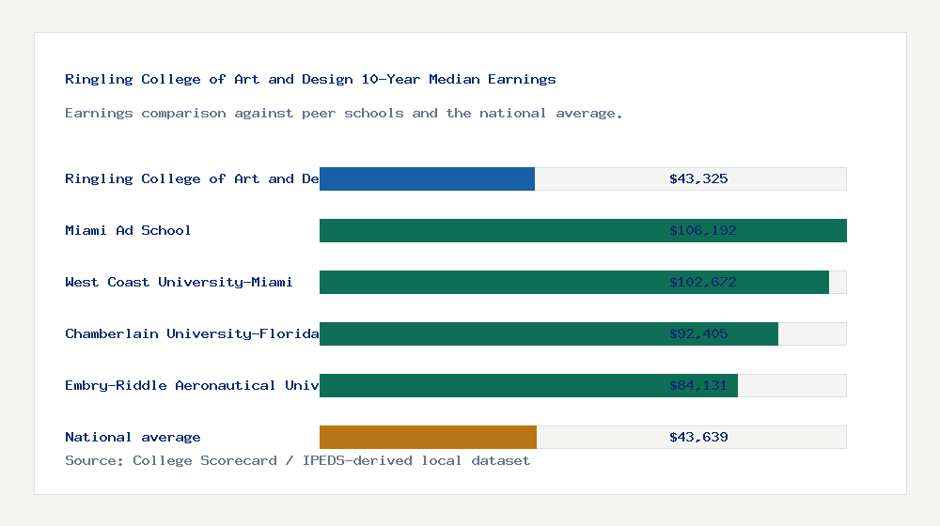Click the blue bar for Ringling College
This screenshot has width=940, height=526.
pos(427,178)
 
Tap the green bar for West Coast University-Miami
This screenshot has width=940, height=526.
pos(489,282)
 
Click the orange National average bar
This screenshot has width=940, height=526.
pos(428,437)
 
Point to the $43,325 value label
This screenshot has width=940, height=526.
pos(698,178)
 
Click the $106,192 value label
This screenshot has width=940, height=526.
pos(698,230)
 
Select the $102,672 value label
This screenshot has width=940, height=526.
pos(698,282)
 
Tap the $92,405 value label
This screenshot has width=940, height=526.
pos(698,333)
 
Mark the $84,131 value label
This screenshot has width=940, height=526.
pos(698,385)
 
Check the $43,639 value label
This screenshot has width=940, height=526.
pos(698,437)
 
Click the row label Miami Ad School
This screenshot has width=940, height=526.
pos(128,230)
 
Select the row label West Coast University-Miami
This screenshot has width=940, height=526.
pos(179,282)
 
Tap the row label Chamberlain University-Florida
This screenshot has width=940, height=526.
pos(192,333)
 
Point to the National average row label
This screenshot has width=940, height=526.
pos(133,437)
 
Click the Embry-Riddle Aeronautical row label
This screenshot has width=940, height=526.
pos(192,385)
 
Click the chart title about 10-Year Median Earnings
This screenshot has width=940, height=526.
pos(310,79)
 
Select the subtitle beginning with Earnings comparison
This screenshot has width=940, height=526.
pos(343,113)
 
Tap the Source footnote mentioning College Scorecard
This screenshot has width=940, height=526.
pos(297,460)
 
